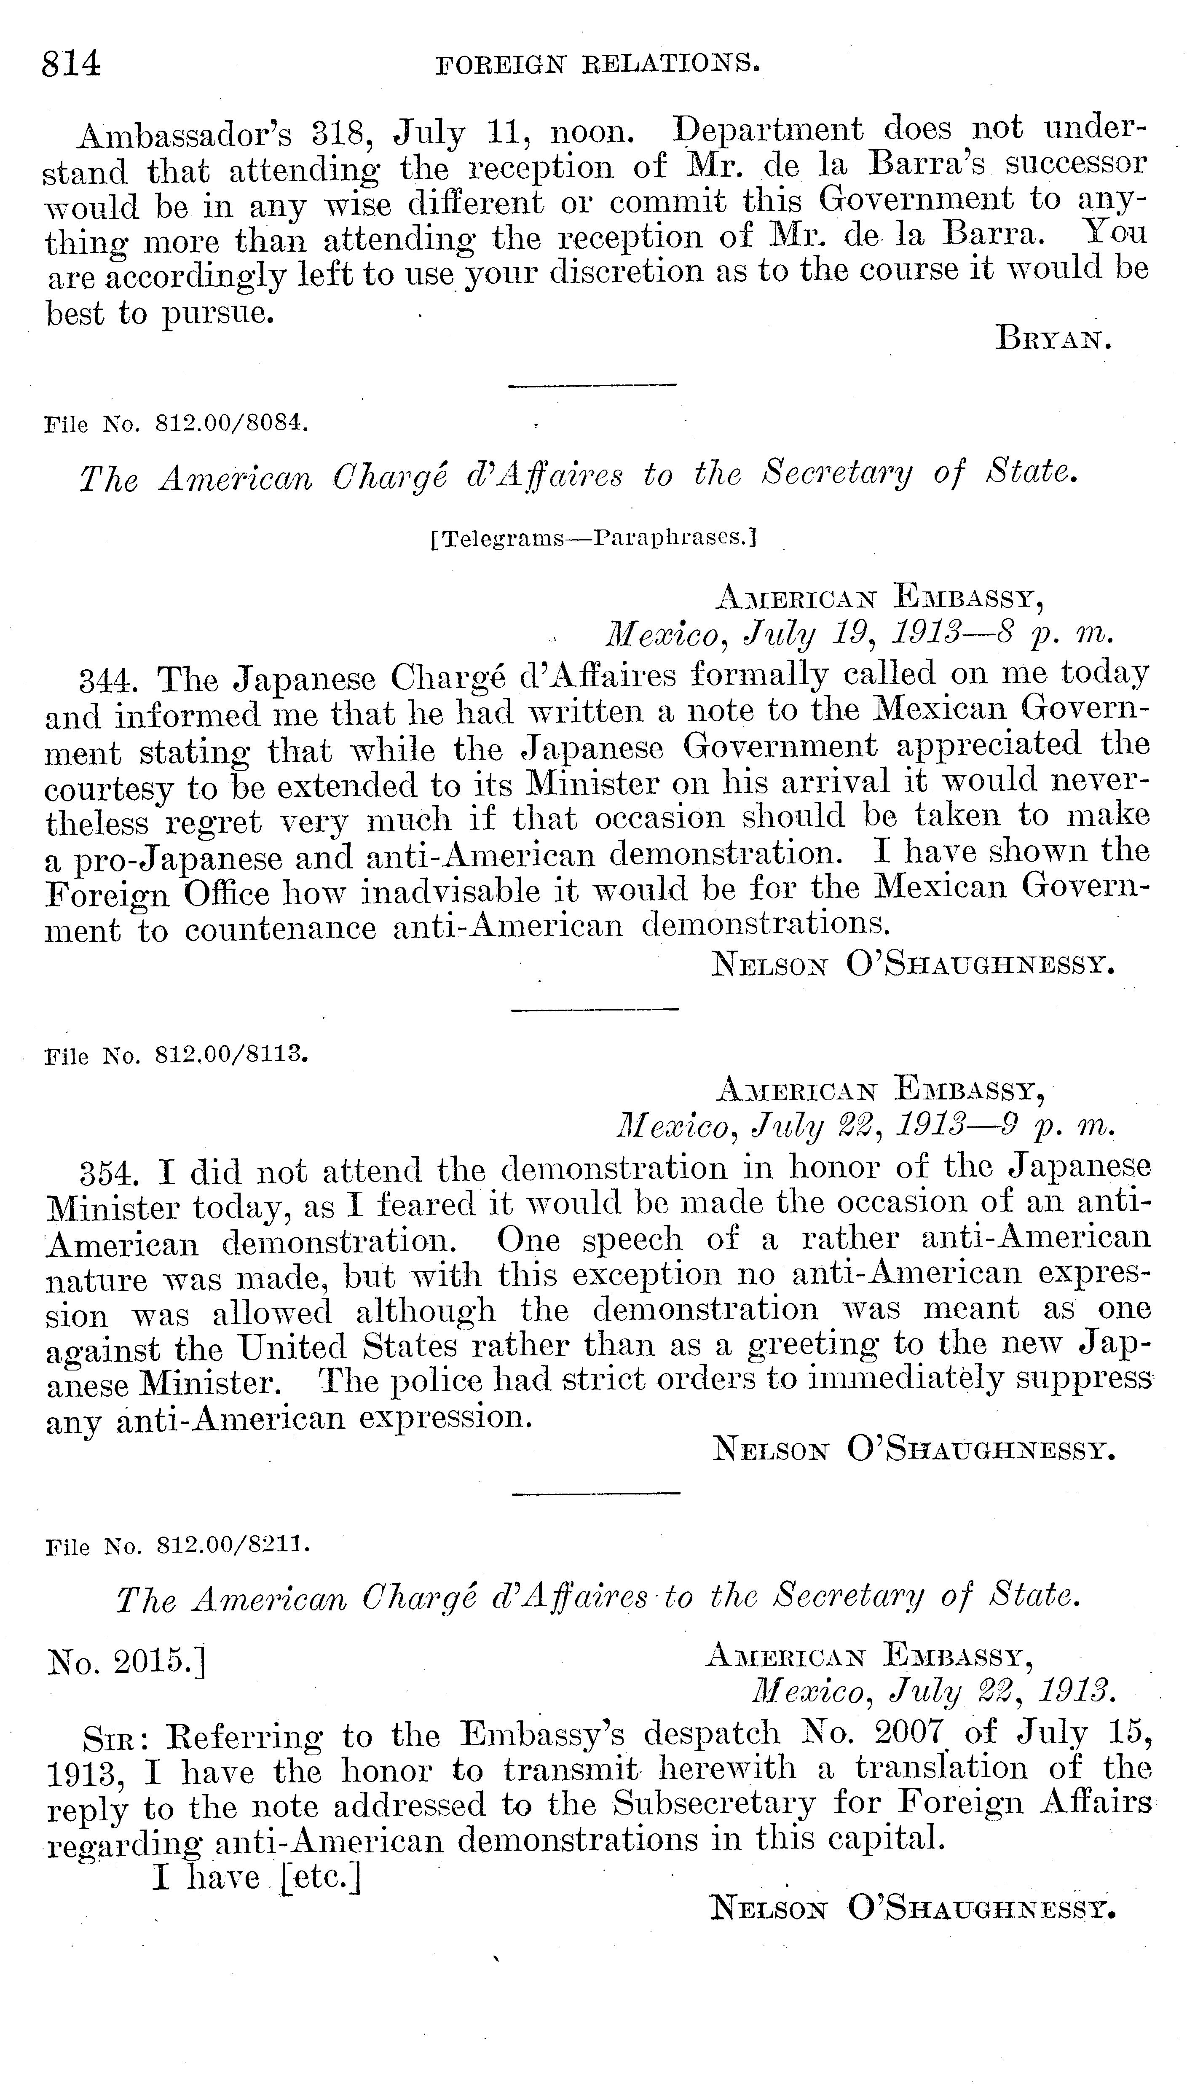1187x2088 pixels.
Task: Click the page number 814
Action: (72, 63)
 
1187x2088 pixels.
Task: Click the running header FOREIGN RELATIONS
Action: (598, 64)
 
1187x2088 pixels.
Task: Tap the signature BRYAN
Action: (1053, 338)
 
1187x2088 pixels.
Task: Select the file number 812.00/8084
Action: (231, 424)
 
